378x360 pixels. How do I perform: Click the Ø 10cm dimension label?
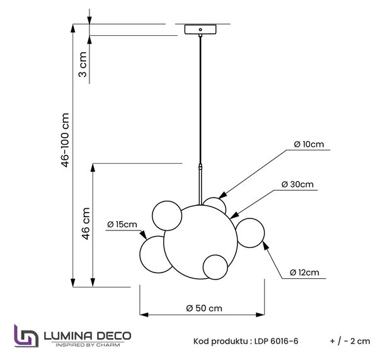[309, 144]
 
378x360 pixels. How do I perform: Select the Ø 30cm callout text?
[297, 184]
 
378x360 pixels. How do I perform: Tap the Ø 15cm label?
[122, 225]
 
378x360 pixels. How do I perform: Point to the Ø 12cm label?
[304, 273]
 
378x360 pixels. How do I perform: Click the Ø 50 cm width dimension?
[204, 308]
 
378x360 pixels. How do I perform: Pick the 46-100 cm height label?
[66, 140]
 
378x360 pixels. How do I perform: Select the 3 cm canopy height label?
[83, 64]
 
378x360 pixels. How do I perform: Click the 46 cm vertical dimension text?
[86, 223]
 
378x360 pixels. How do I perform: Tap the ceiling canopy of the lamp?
[200, 30]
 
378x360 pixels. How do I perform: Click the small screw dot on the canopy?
[200, 30]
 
